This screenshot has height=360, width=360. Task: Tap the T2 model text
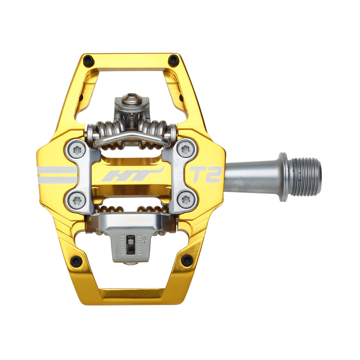click(x=206, y=175)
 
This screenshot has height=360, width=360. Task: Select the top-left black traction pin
click(x=89, y=59)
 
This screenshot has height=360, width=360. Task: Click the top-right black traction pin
click(x=173, y=60)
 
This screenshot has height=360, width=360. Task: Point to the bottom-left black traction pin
click(x=76, y=260)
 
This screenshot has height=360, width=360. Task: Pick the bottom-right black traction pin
click(x=186, y=260)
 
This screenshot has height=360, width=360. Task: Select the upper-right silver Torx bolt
click(x=186, y=149)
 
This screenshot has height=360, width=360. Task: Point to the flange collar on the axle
click(x=283, y=177)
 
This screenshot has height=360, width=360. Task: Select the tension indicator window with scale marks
click(x=130, y=245)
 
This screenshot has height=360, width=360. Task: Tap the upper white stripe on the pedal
click(x=57, y=170)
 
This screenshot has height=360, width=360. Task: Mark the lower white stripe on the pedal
click(x=57, y=180)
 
